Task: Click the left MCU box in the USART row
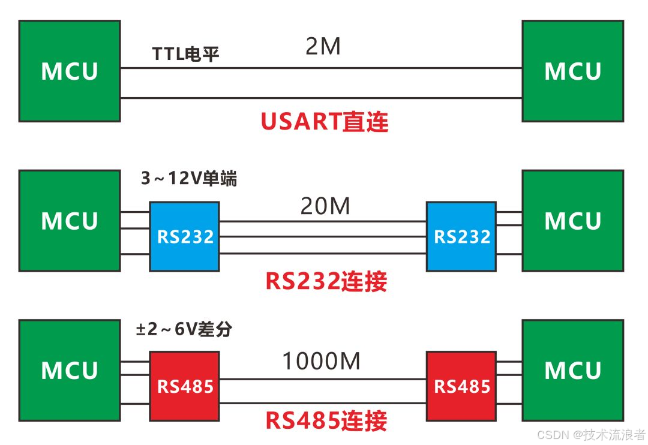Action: (x=70, y=71)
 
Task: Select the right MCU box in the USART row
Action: (x=572, y=71)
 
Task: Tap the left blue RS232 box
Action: (x=185, y=236)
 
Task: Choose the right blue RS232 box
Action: (x=461, y=236)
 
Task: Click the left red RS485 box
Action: (x=185, y=386)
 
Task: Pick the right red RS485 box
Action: (x=461, y=386)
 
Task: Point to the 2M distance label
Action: (x=323, y=47)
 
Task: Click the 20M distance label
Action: (x=325, y=207)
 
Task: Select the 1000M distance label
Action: (x=321, y=362)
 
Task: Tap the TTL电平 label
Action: (x=186, y=55)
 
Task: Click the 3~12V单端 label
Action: (x=188, y=179)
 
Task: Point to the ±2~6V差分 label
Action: (x=184, y=329)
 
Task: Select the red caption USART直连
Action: (x=325, y=122)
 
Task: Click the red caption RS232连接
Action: (x=326, y=281)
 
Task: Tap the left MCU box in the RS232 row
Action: (x=70, y=221)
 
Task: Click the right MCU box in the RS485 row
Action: (x=572, y=371)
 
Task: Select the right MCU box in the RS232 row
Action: (x=572, y=221)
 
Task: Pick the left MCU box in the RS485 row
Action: (x=70, y=371)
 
